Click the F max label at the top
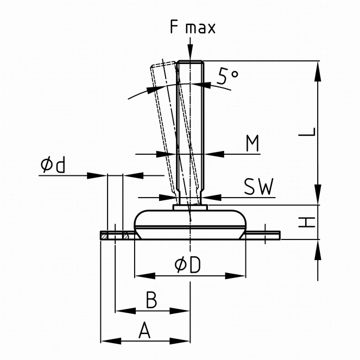(x=192, y=28)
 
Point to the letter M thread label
(x=251, y=144)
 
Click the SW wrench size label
(x=258, y=187)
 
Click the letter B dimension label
(x=152, y=299)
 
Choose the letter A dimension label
(x=144, y=330)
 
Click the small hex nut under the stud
(x=190, y=207)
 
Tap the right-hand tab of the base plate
(x=264, y=235)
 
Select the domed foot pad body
(x=191, y=223)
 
